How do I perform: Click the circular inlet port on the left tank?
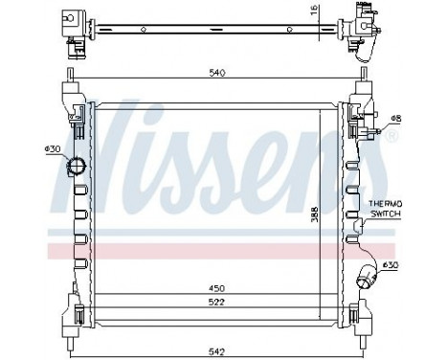point(76,168)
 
